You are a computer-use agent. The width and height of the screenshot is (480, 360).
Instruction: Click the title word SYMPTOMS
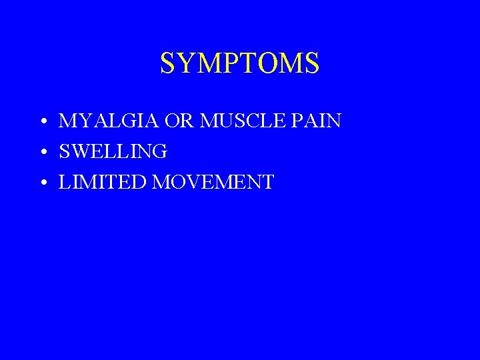[x=240, y=63]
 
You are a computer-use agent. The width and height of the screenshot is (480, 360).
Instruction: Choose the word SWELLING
[x=113, y=152]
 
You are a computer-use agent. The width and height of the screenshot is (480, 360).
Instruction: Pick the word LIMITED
[x=103, y=183]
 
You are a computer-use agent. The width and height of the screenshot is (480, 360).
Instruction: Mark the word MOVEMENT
[x=213, y=183]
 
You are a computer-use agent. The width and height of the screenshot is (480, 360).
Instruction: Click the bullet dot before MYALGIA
[x=42, y=123]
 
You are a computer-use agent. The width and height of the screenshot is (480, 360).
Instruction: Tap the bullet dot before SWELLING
[x=42, y=153]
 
